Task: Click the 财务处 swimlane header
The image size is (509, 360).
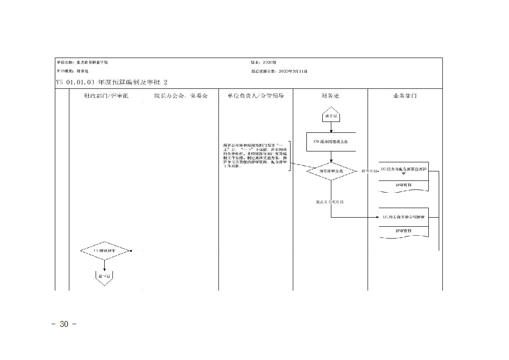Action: (330, 96)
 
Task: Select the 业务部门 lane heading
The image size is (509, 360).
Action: (404, 96)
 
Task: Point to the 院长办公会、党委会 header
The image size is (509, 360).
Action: (180, 96)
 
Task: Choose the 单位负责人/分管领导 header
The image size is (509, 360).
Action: (256, 96)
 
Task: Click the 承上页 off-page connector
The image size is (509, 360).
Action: (331, 115)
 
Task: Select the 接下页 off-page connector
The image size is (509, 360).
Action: (104, 277)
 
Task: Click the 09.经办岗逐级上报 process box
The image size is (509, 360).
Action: (331, 142)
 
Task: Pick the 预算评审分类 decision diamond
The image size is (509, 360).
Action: (331, 171)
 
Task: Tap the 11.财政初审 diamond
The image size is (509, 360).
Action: (105, 250)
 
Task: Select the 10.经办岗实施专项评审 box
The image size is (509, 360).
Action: (403, 218)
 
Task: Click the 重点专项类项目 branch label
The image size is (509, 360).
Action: (330, 202)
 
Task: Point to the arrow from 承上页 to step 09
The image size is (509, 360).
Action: (331, 127)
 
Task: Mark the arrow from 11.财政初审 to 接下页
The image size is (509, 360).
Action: (105, 265)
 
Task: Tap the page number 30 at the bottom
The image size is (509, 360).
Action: (64, 324)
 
